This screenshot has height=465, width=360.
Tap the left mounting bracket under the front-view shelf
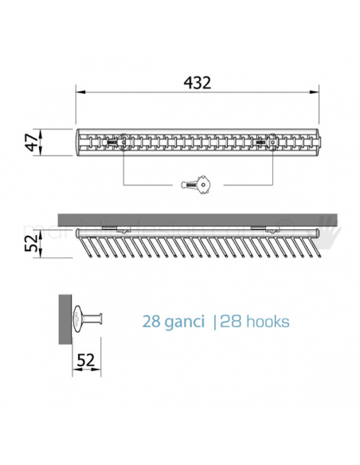118,229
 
